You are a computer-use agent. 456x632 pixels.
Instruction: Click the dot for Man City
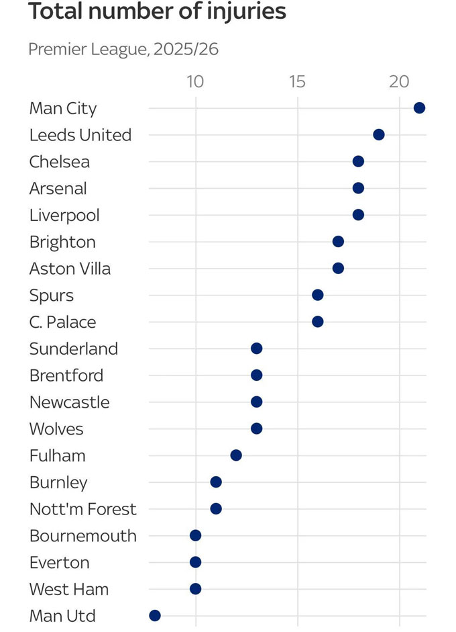(x=420, y=108)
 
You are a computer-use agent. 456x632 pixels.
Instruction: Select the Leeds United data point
(x=379, y=135)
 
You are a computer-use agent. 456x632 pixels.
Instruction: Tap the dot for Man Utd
(x=155, y=615)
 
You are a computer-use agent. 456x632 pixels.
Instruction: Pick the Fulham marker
(x=236, y=455)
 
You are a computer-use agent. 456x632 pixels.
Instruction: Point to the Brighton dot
(x=338, y=242)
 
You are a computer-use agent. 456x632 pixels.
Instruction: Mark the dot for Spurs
(x=318, y=295)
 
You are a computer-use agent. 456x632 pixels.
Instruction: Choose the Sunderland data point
(x=256, y=349)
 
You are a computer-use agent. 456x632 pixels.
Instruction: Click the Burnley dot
(x=216, y=482)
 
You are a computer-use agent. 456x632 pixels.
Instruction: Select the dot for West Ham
(x=195, y=589)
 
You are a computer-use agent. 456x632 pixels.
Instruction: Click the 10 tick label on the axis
(x=195, y=82)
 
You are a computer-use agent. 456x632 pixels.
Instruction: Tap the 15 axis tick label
(x=297, y=82)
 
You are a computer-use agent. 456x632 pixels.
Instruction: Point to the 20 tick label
(x=400, y=82)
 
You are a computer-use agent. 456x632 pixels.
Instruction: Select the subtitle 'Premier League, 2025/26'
(x=123, y=50)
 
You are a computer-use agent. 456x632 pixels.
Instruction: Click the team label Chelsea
(x=60, y=162)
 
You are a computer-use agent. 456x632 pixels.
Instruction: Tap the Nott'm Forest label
(x=83, y=509)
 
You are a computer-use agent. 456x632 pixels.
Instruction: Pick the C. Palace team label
(x=63, y=322)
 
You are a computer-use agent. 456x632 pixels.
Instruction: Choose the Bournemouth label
(x=83, y=536)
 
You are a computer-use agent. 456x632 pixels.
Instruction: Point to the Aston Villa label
(x=70, y=269)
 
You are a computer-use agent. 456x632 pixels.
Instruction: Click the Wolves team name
(x=57, y=428)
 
